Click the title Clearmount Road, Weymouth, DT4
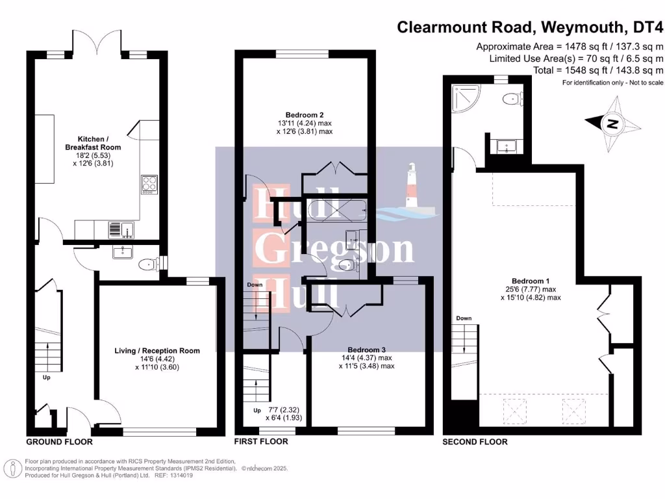[531, 27]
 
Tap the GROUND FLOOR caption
[59, 442]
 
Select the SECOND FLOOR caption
[475, 442]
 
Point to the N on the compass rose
[611, 121]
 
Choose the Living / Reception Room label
[157, 351]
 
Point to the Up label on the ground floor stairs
[47, 376]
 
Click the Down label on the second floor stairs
[464, 318]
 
